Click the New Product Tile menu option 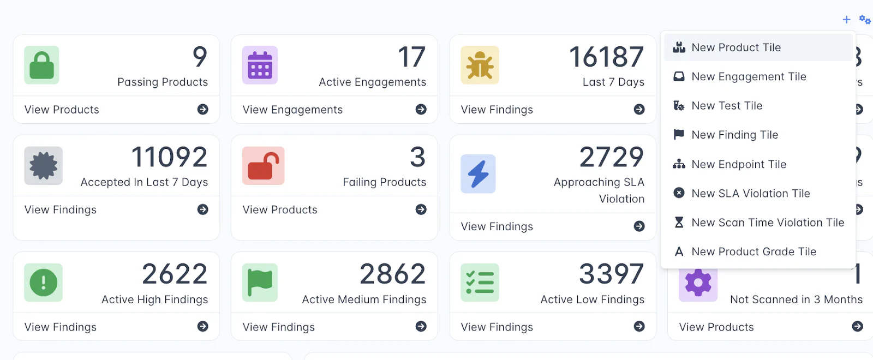pos(736,47)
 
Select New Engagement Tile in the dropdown pos(748,77)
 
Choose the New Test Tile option pos(726,106)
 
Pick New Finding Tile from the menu pos(734,135)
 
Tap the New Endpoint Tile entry pos(738,164)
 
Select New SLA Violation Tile pos(750,194)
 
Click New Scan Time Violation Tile pos(767,223)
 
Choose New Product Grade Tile pos(754,251)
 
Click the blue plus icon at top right pos(846,20)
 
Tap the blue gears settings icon pos(865,20)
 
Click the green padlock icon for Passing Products pos(41,65)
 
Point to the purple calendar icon pos(260,65)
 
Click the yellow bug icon pos(480,65)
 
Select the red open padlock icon pos(263,166)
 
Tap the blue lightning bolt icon pos(478,174)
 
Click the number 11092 pos(169,157)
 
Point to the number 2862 pos(392,274)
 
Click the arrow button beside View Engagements pos(421,110)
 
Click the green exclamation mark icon pos(43,283)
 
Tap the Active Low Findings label pos(592,299)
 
